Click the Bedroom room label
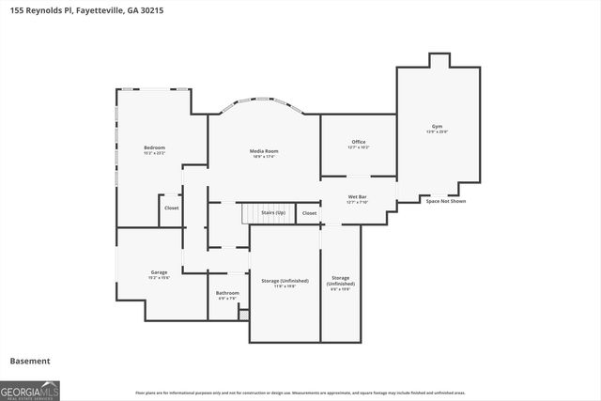(x=154, y=147)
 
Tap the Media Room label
(x=264, y=151)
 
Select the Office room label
(x=359, y=142)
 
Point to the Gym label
(x=437, y=126)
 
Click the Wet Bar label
(x=358, y=197)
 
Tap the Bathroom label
(x=227, y=293)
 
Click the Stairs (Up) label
(x=273, y=213)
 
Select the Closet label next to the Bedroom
(x=171, y=208)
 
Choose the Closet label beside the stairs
(x=309, y=213)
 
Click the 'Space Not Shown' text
(x=445, y=201)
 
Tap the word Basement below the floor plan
(x=30, y=361)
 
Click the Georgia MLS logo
(x=30, y=389)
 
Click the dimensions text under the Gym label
(x=437, y=131)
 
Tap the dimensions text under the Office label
(x=359, y=147)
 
